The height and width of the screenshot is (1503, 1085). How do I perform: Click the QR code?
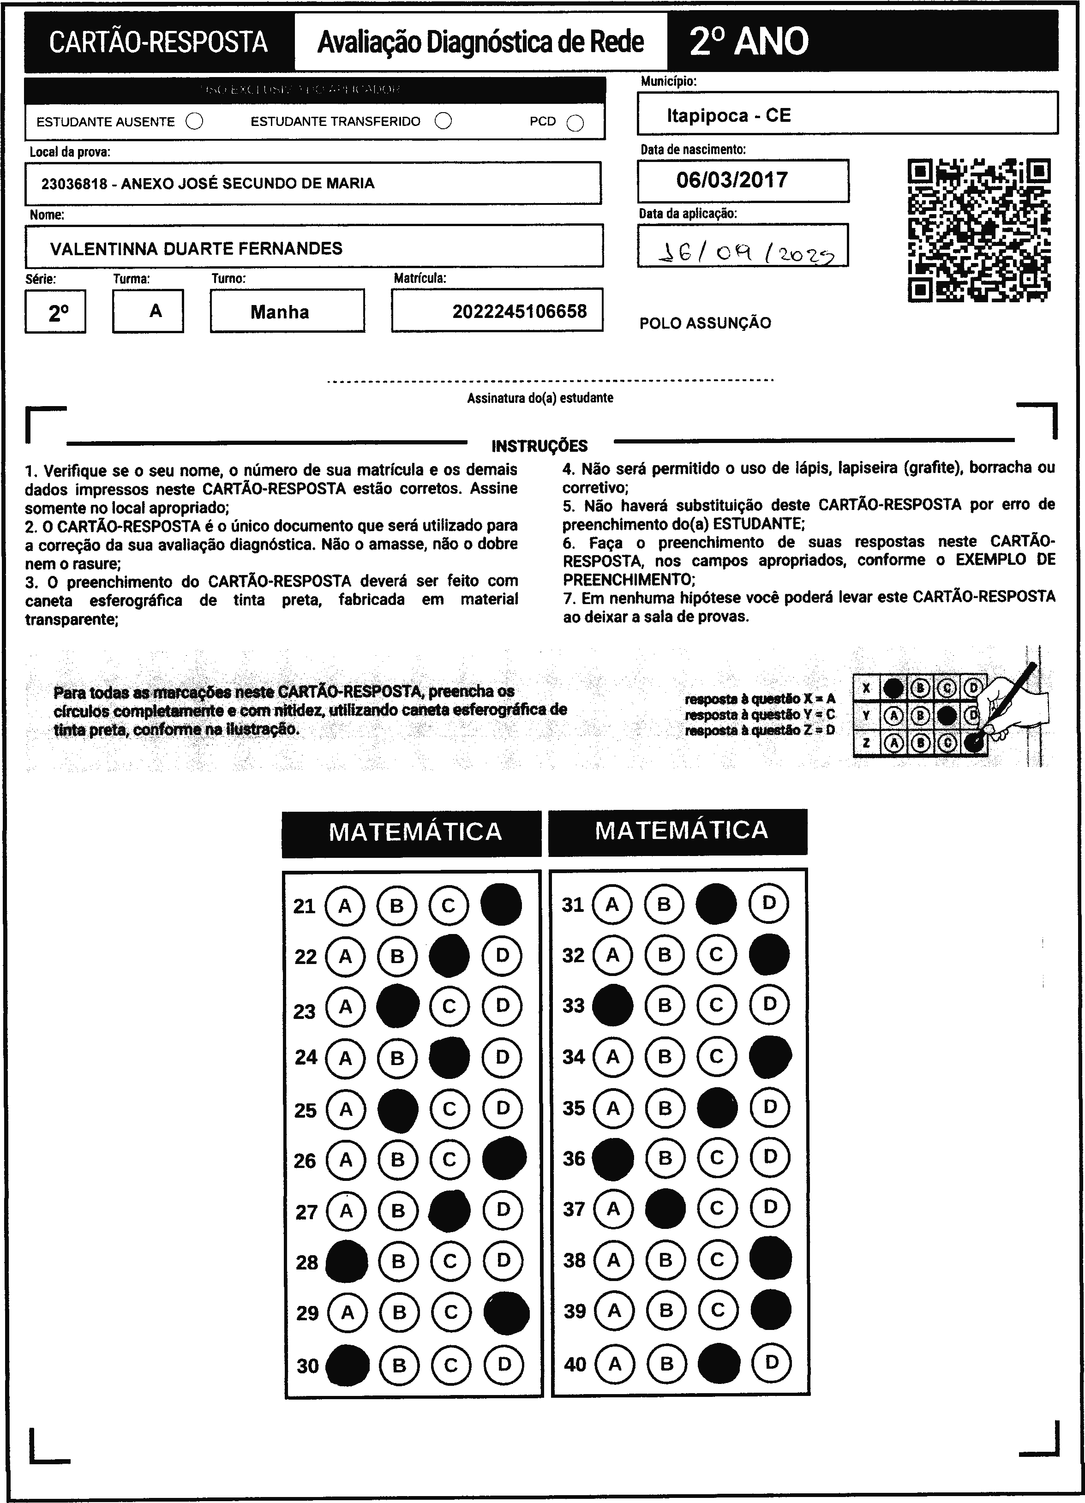[x=978, y=230]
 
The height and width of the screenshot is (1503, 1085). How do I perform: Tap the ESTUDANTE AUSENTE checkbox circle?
[x=194, y=121]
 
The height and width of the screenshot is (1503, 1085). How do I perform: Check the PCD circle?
[x=575, y=123]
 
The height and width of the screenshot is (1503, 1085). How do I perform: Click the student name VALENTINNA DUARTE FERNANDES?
[x=196, y=249]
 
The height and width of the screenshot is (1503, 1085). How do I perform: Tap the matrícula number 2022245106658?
[x=519, y=311]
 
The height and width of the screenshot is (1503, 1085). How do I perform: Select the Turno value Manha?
[x=280, y=312]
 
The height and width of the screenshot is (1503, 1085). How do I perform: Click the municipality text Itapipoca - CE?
[x=728, y=115]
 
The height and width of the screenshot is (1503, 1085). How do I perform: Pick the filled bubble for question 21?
[x=501, y=904]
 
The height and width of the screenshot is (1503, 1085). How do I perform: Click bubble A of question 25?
[x=346, y=1109]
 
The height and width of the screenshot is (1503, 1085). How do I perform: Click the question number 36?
[x=574, y=1158]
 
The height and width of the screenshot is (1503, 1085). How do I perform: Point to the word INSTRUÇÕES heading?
[x=540, y=446]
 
